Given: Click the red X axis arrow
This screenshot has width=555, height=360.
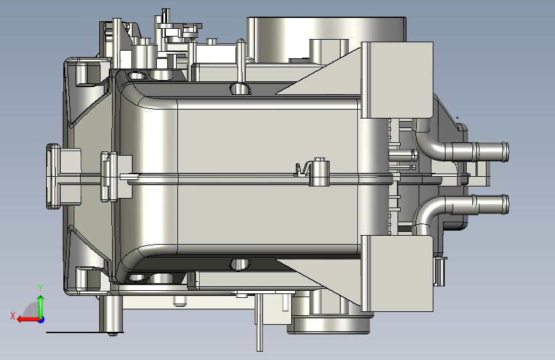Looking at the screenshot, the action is click(28, 320).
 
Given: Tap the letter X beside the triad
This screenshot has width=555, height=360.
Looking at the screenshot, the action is click(13, 316).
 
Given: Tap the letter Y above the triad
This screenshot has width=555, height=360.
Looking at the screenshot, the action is click(40, 288).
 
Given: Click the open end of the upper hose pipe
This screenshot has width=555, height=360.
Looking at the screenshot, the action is click(506, 152).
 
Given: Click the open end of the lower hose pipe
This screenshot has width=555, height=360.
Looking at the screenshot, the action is click(506, 204).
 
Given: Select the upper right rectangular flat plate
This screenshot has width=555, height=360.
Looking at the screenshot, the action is click(397, 79).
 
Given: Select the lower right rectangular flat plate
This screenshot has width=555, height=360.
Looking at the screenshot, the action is click(397, 274).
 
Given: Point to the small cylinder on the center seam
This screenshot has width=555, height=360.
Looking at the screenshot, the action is click(319, 172).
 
